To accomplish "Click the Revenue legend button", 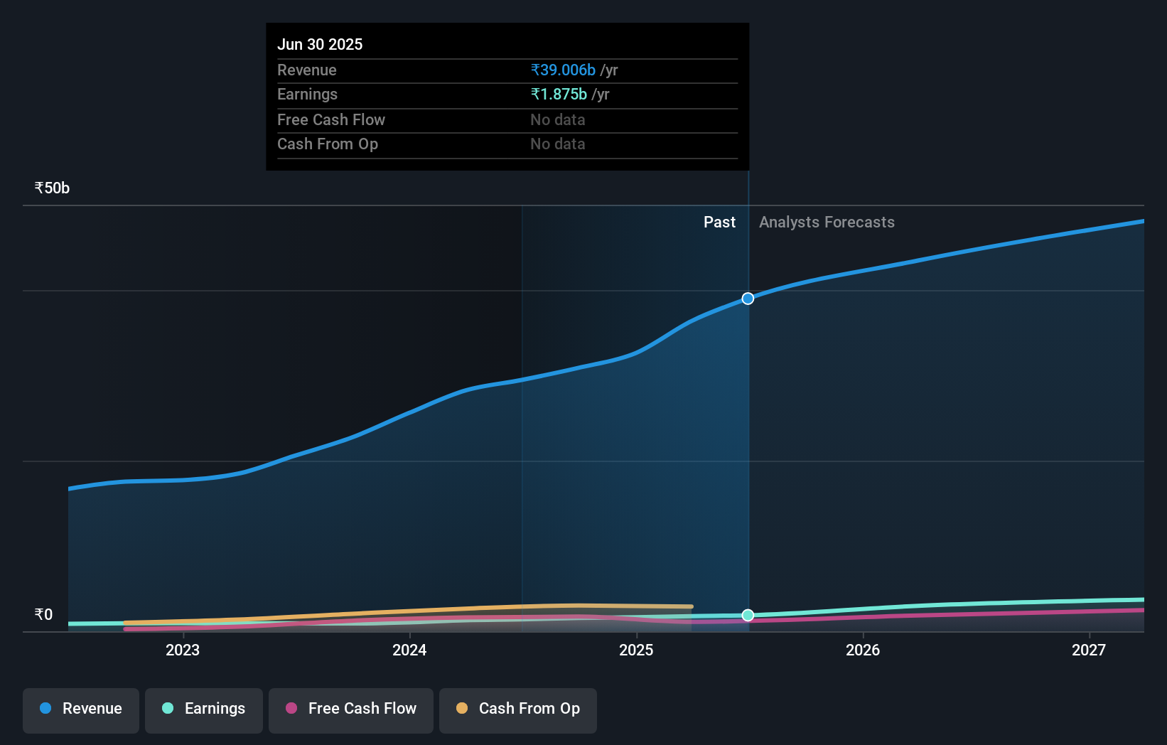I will coord(81,709).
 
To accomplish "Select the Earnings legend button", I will coord(204,709).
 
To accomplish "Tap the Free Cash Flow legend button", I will coord(351,709).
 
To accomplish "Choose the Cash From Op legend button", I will coord(518,709).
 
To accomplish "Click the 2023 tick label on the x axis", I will coord(183,650).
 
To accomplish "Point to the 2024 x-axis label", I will coord(409,650).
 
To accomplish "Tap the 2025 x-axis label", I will coord(636,650).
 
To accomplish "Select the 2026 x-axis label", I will coord(863,650).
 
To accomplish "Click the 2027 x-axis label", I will coord(1089,650).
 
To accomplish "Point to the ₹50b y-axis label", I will coord(52,188).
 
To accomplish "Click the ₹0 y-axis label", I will coord(43,615).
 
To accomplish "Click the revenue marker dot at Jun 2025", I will coord(748,299).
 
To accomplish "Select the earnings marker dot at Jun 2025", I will coord(748,615).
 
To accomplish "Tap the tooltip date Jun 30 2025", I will coord(320,45).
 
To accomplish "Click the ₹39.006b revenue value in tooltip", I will coord(563,70).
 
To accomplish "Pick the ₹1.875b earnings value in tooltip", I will coord(559,95).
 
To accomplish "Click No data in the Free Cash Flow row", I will coord(558,120).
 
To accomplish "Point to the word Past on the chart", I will coord(719,223).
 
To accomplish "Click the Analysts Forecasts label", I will coord(827,223).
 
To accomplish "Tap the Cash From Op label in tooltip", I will coord(328,144).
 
